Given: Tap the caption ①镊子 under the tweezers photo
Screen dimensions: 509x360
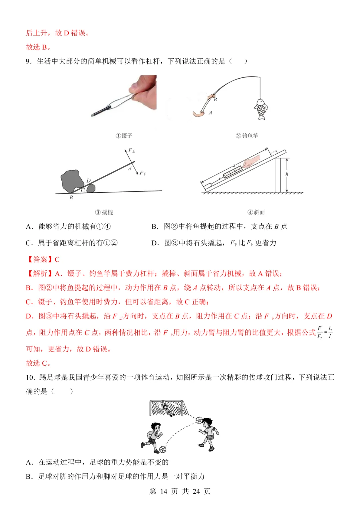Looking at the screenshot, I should [124, 136].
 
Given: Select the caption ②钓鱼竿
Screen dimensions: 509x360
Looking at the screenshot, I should [247, 136].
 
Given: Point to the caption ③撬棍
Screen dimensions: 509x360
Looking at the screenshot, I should [104, 212].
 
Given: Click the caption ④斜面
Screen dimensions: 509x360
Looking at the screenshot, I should [256, 212].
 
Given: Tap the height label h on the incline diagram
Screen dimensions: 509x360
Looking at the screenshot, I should [287, 174].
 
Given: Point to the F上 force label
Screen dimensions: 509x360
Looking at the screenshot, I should [132, 151].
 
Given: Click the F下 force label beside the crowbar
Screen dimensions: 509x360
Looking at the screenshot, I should [143, 173].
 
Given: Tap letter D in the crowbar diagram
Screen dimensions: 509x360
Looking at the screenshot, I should [88, 180].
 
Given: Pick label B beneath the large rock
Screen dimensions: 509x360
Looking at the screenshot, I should [71, 198].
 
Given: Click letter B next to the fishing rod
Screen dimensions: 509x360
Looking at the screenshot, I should [215, 100].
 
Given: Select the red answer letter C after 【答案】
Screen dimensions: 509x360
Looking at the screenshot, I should [57, 259].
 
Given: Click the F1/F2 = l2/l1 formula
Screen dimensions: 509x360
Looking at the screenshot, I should [325, 332].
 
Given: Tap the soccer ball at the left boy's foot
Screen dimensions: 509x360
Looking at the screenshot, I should [163, 449].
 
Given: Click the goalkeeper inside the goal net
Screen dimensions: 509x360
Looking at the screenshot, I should [166, 408].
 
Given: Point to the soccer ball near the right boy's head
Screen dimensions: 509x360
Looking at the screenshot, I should [199, 420].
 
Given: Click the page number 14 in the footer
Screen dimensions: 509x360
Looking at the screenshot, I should [163, 491].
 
